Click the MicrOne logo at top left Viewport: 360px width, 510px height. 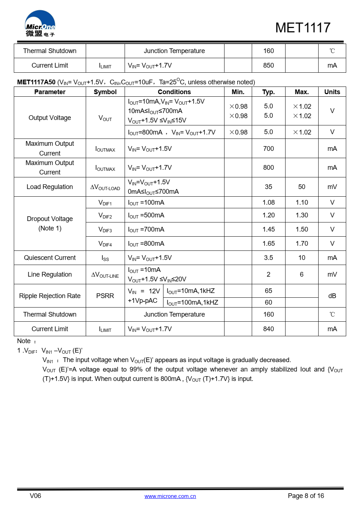click(40, 24)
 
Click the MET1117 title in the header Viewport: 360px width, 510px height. click(303, 28)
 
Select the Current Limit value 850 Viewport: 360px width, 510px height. click(268, 65)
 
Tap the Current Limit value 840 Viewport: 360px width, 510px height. click(268, 329)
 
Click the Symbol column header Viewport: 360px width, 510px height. click(105, 92)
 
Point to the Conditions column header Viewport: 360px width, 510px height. click(174, 92)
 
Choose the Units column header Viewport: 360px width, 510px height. click(332, 92)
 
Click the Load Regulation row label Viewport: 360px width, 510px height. click(50, 187)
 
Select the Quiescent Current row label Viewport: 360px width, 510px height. click(50, 258)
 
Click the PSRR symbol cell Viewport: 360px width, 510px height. click(105, 296)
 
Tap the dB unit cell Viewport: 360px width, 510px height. click(332, 296)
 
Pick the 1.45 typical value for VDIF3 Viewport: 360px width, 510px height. click(268, 229)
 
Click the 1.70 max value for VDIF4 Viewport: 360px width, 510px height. click(302, 244)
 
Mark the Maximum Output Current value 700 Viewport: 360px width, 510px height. click(268, 149)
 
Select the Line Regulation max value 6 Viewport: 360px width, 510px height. click(302, 274)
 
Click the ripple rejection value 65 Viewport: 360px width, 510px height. click(268, 291)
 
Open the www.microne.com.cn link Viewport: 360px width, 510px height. click(170, 496)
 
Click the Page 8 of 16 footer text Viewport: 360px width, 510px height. click(306, 496)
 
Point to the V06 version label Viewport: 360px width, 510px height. click(35, 496)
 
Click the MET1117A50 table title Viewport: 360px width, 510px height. click(36, 82)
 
